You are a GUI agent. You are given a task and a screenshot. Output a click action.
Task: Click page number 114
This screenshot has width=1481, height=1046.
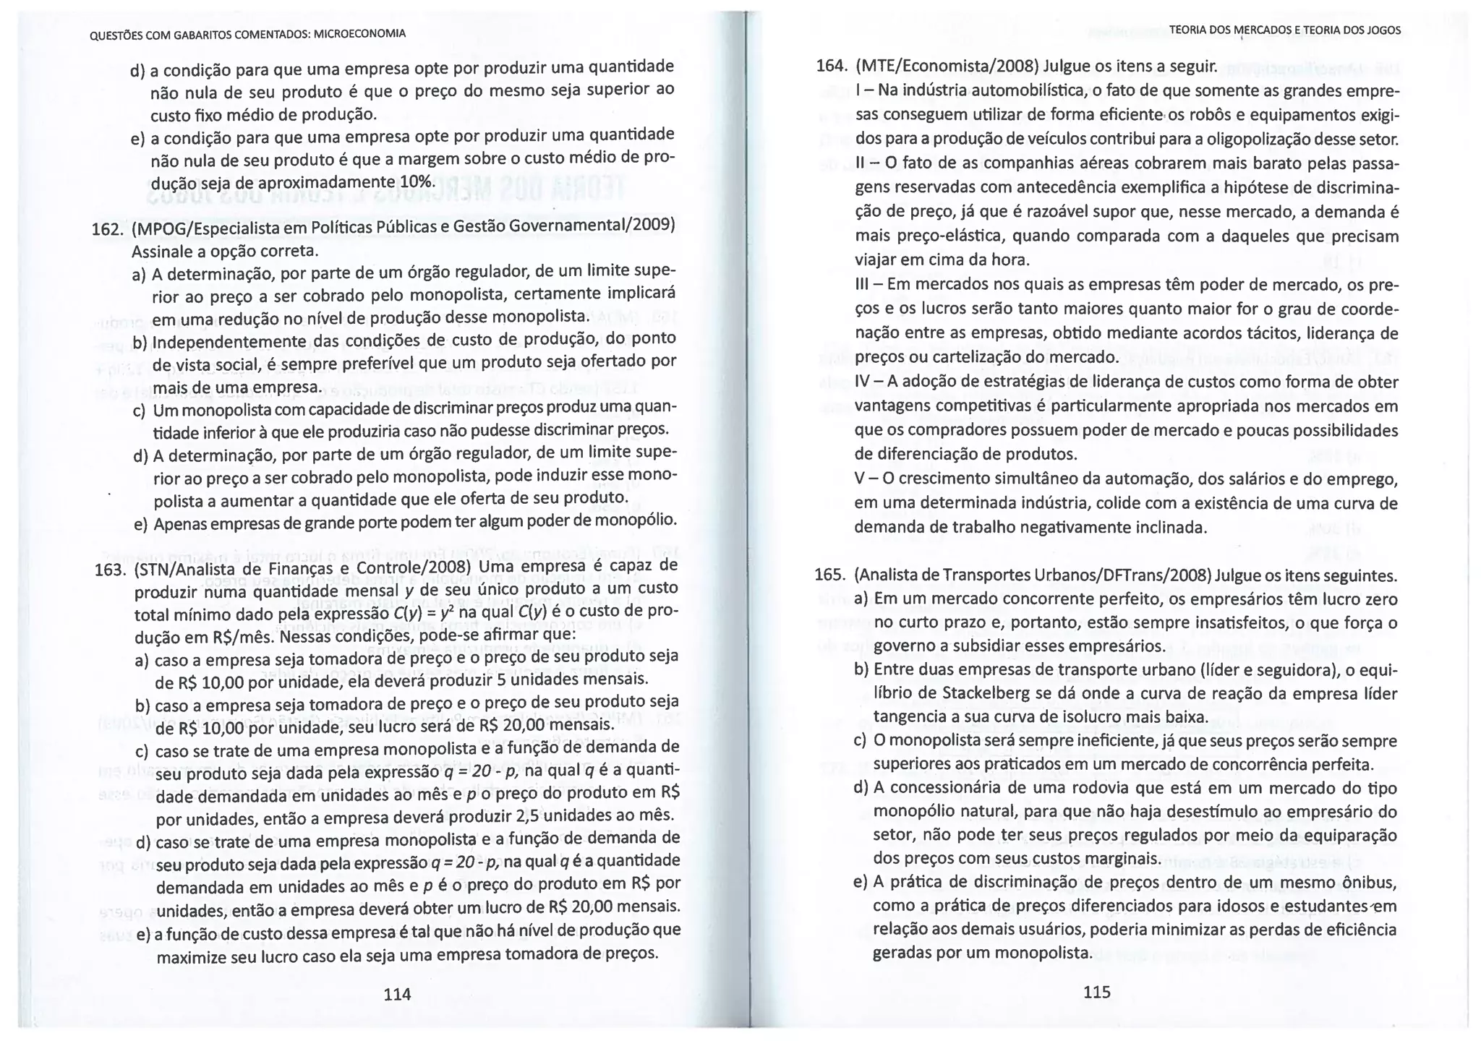397,994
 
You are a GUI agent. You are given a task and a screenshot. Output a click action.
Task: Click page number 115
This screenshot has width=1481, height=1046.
1096,992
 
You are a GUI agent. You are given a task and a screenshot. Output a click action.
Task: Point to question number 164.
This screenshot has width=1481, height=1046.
831,67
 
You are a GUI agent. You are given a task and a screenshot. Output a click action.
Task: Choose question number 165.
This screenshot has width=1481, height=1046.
829,575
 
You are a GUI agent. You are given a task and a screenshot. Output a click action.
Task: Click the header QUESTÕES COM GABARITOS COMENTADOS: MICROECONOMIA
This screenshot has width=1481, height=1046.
247,34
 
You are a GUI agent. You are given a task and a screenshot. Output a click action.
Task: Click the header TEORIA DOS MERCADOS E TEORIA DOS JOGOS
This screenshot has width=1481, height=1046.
1284,30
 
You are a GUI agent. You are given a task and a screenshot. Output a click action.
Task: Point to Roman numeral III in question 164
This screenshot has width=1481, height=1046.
863,285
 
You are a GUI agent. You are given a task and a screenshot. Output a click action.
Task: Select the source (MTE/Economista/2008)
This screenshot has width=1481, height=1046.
947,67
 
